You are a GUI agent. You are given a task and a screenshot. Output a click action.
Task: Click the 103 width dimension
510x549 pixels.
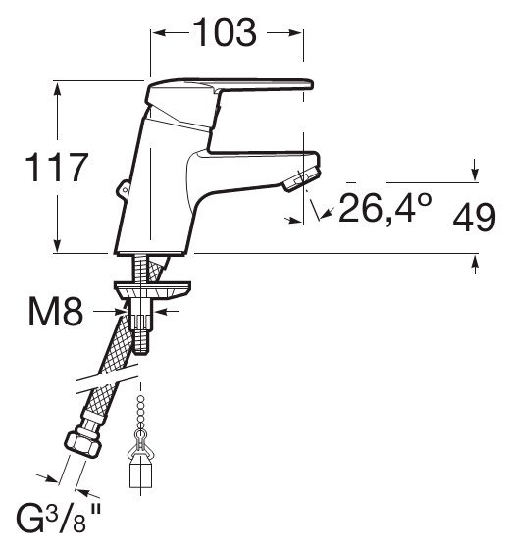tap(225, 32)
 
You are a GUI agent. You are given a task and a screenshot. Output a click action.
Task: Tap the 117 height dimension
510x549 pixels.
tap(56, 168)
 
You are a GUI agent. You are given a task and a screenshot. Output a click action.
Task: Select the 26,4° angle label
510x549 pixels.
tap(385, 209)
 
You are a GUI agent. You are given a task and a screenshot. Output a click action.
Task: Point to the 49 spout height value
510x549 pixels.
tap(475, 217)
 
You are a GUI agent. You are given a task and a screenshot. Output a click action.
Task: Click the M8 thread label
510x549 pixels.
tap(56, 312)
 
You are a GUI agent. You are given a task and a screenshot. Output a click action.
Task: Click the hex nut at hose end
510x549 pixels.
tap(83, 444)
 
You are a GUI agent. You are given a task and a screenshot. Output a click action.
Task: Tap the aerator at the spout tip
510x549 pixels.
tap(302, 179)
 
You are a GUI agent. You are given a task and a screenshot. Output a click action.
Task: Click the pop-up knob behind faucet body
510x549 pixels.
tap(123, 189)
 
